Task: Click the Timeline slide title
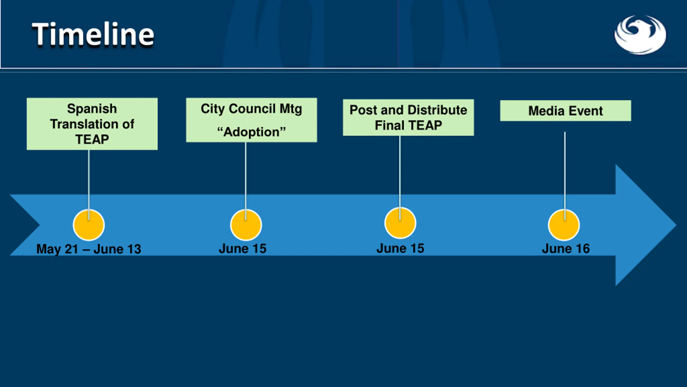(93, 34)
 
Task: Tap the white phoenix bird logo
(640, 35)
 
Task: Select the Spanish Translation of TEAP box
(92, 124)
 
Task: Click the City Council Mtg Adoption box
(251, 120)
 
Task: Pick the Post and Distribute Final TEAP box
(408, 117)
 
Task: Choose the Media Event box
(565, 111)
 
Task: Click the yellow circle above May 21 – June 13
(89, 225)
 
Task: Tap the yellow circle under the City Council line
(246, 225)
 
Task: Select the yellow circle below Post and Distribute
(400, 223)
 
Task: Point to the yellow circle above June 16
(564, 225)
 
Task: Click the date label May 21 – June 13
(89, 249)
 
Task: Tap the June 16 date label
(566, 249)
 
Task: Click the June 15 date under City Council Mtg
(243, 249)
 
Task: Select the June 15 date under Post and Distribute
(400, 248)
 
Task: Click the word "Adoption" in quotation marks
(251, 132)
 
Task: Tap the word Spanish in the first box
(92, 109)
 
